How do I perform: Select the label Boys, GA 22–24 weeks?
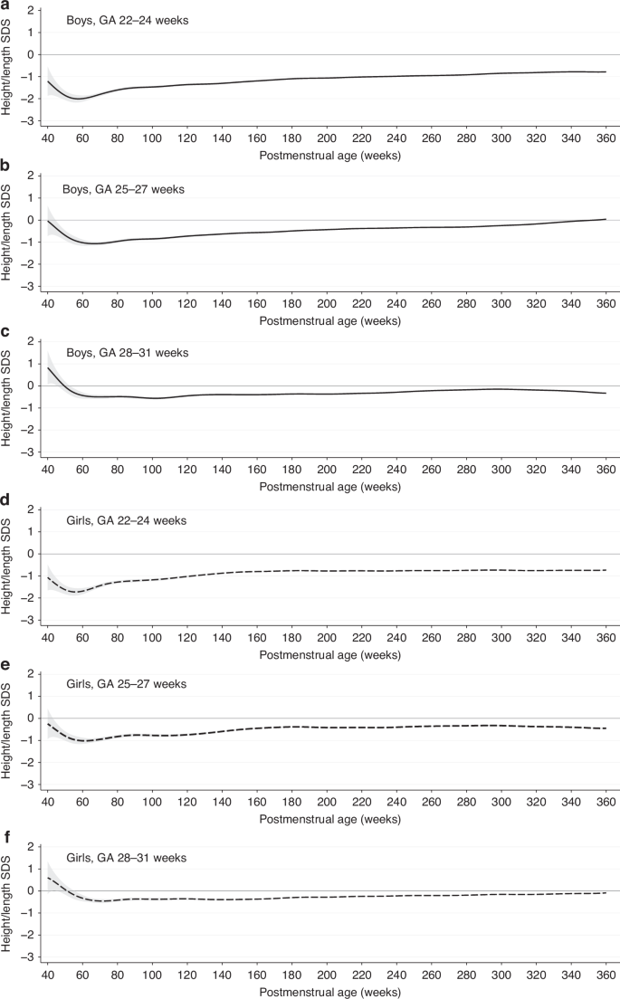click(127, 20)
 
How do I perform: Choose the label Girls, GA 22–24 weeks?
click(127, 519)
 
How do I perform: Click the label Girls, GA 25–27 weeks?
click(127, 684)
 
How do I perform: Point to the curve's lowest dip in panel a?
click(80, 99)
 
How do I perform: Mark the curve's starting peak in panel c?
click(48, 368)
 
